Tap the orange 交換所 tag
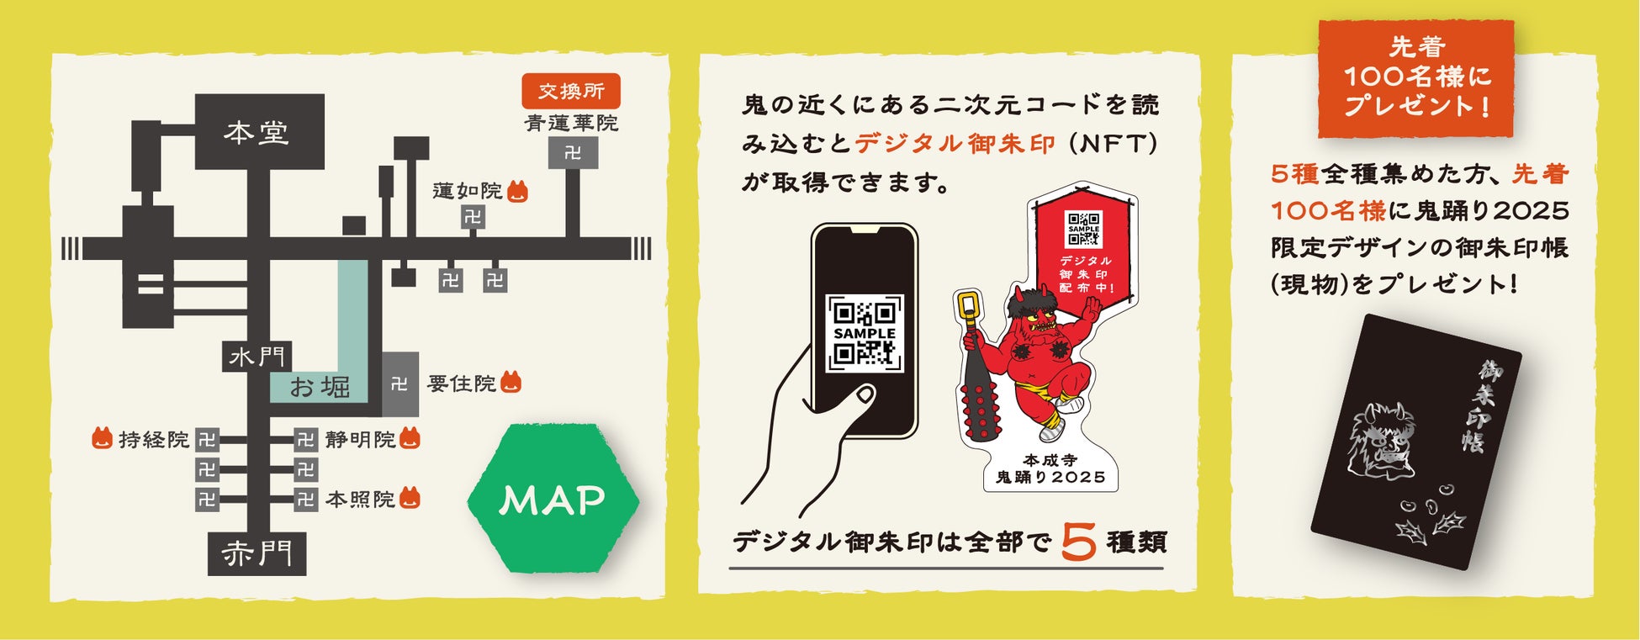tap(571, 91)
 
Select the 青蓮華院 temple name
tap(571, 123)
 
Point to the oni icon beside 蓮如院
tap(518, 193)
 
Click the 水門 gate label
tap(257, 357)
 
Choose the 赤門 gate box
tap(257, 553)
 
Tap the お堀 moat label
tap(320, 387)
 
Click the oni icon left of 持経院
tap(102, 438)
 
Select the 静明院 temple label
tap(360, 439)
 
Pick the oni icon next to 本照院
tap(410, 498)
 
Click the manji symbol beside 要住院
tap(399, 384)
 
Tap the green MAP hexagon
tap(553, 500)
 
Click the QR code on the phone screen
tap(865, 333)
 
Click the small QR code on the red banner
tap(1083, 228)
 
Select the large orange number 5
tap(1078, 542)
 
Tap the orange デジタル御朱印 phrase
tap(955, 144)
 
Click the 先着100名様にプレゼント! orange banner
tap(1416, 77)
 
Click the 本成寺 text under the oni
tap(1050, 460)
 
